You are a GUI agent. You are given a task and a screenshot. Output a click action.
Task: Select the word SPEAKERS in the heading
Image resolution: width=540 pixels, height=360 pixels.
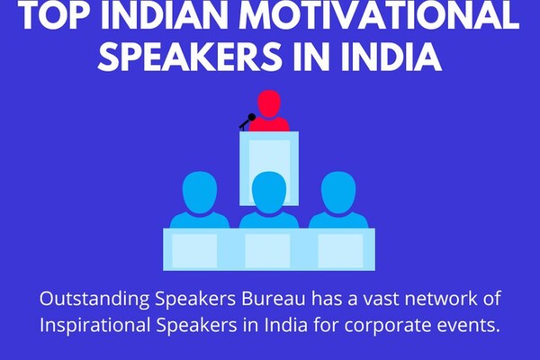tap(189, 56)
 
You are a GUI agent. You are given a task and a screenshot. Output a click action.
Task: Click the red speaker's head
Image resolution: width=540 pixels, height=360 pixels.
tap(269, 103)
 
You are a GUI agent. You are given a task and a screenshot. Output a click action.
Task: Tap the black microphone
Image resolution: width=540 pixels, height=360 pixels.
tap(247, 121)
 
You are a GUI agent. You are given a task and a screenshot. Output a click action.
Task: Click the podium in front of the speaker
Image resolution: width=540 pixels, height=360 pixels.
tap(269, 168)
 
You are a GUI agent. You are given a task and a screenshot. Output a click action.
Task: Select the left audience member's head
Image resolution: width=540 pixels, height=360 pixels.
tap(200, 193)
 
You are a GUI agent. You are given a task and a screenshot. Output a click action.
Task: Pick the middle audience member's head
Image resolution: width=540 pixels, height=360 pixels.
tap(269, 193)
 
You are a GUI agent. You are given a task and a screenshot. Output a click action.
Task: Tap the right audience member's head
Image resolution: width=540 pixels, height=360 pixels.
tap(338, 193)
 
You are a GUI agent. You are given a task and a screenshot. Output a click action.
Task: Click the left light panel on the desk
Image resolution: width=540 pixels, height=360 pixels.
tap(194, 251)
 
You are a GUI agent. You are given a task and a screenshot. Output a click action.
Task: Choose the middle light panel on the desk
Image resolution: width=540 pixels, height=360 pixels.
tap(267, 251)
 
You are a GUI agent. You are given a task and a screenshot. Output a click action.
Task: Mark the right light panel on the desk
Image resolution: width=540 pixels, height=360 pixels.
tap(340, 251)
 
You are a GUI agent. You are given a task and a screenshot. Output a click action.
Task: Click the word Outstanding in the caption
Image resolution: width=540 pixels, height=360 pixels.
tap(94, 300)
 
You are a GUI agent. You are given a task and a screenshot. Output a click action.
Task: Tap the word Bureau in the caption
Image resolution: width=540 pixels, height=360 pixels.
tap(273, 299)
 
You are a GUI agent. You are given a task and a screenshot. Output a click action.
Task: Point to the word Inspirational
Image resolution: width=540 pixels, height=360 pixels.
tap(95, 326)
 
